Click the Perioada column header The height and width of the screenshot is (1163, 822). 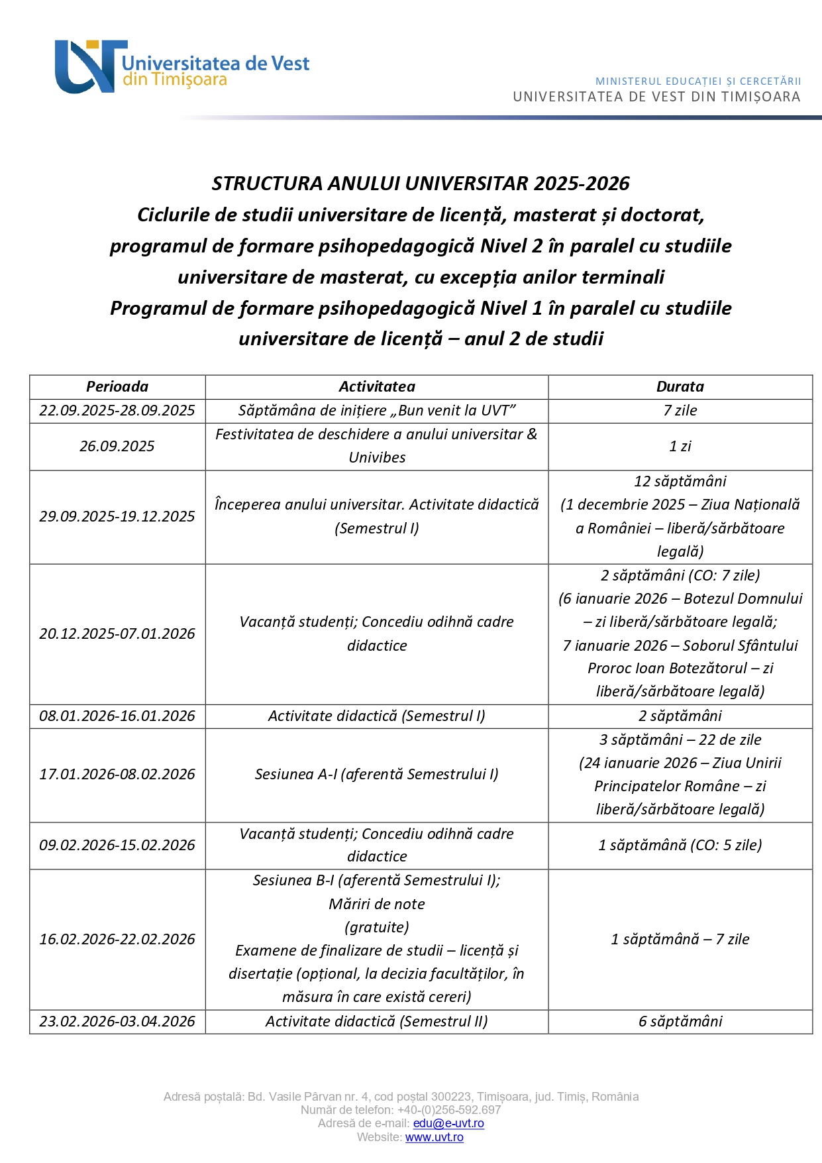[x=117, y=386]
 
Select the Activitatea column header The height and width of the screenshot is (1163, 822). [x=377, y=386]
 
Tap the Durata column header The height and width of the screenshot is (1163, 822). [x=680, y=386]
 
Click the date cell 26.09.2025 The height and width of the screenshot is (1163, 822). [x=117, y=446]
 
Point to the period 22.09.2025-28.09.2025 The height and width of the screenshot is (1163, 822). [x=117, y=410]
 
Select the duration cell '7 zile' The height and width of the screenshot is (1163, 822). [x=680, y=410]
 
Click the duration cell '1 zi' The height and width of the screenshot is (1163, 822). [x=680, y=446]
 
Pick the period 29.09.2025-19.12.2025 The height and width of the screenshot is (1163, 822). [x=117, y=516]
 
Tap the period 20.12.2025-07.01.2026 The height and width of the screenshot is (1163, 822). [x=117, y=634]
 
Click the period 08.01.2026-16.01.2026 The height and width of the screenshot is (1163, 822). [x=117, y=716]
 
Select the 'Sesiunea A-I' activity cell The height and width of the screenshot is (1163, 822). [x=377, y=774]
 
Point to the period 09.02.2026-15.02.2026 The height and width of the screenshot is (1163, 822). [x=117, y=845]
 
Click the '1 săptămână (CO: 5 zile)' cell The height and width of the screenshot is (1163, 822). [x=680, y=845]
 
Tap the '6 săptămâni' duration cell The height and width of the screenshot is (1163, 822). [x=680, y=1021]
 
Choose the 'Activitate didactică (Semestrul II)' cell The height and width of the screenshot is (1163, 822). [x=377, y=1021]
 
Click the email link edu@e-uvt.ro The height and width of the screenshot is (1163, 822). [x=448, y=1123]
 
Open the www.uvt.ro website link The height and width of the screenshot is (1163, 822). [x=434, y=1137]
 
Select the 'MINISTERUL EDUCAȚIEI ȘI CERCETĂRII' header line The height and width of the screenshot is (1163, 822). [x=698, y=82]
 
